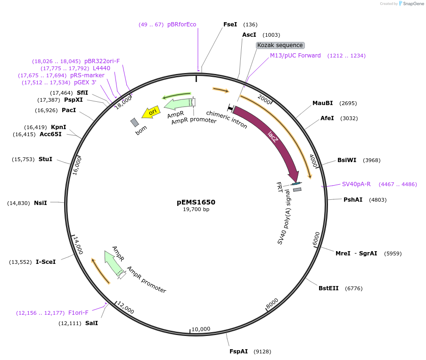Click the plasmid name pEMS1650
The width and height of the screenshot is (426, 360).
(196, 202)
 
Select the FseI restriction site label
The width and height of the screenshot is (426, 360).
(230, 25)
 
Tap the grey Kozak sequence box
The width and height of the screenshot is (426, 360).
(280, 45)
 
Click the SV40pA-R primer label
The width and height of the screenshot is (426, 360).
(356, 184)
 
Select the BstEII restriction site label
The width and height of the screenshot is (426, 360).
(328, 288)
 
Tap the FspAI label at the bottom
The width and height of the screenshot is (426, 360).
(238, 352)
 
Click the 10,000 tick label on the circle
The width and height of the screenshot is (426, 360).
(201, 329)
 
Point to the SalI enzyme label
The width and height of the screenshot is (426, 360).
(91, 323)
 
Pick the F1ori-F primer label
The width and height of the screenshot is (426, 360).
(78, 313)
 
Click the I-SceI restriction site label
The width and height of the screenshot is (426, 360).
(46, 262)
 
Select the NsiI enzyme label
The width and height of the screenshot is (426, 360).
(41, 203)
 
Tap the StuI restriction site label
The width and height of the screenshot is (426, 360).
(45, 159)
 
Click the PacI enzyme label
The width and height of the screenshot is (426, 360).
(69, 110)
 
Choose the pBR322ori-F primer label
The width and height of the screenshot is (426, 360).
(102, 61)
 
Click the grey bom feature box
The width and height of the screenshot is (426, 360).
(135, 123)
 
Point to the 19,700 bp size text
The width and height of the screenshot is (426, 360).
(196, 210)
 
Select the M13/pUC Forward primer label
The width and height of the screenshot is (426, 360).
(295, 56)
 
